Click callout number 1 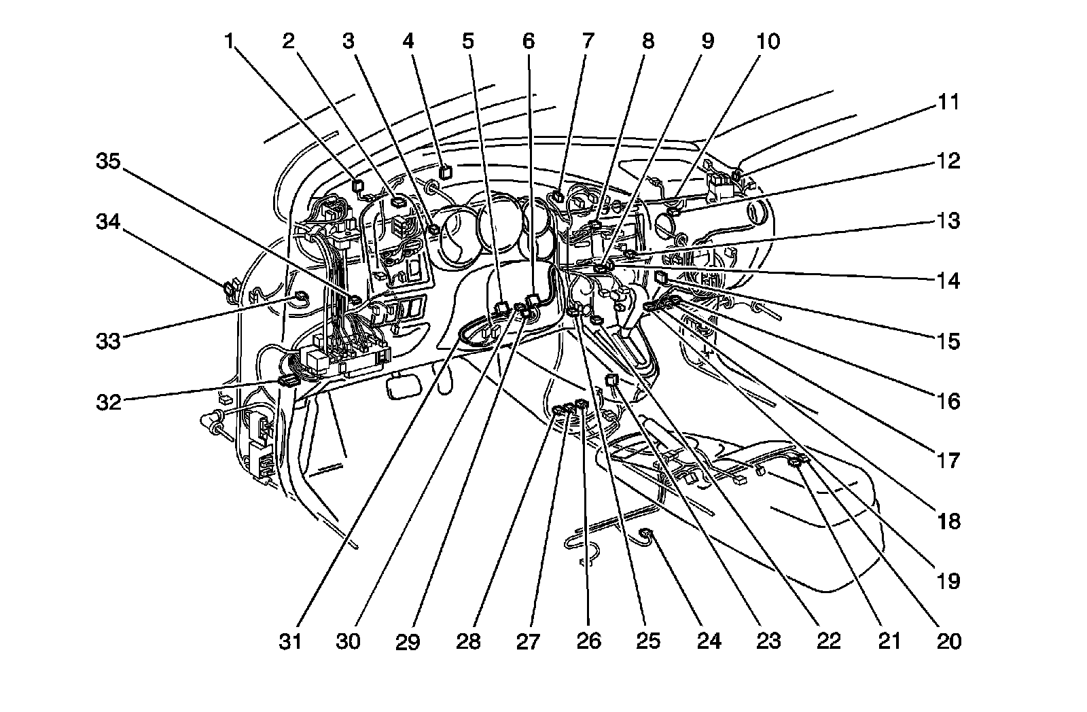point(230,42)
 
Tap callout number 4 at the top point(408,42)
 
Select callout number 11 point(949,103)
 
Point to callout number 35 point(107,162)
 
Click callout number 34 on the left point(107,221)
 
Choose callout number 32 point(107,401)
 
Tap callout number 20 point(949,641)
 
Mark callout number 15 point(949,341)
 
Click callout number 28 point(469,641)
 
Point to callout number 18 point(949,521)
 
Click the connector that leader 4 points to point(445,172)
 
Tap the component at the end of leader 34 point(229,289)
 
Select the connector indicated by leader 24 point(646,535)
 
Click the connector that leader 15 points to point(661,277)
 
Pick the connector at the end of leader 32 point(287,380)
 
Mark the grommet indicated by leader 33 point(298,296)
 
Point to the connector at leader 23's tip point(597,320)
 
